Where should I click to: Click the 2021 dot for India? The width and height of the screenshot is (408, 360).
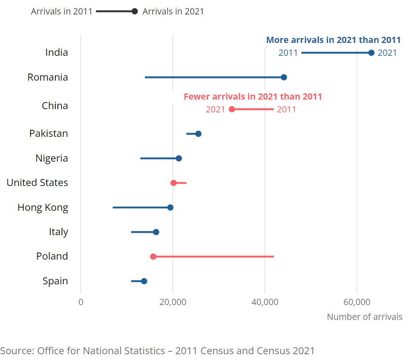click(x=371, y=52)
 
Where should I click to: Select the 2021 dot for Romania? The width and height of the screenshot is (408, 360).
click(x=284, y=77)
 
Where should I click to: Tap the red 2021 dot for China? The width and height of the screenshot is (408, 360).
click(x=232, y=109)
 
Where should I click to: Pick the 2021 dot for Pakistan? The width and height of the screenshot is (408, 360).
click(x=198, y=134)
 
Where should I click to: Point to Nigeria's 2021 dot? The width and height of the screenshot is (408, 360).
click(x=179, y=158)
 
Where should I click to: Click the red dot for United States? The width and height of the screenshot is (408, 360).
click(x=173, y=183)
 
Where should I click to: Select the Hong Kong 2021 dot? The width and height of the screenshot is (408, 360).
click(x=170, y=207)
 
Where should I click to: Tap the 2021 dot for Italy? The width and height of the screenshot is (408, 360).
click(x=156, y=232)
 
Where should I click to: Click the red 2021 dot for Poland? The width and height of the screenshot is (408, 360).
click(x=153, y=256)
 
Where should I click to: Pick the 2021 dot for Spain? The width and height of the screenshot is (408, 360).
click(x=144, y=281)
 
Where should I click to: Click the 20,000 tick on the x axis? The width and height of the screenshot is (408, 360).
click(x=173, y=302)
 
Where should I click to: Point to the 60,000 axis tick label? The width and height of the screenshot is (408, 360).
click(x=357, y=302)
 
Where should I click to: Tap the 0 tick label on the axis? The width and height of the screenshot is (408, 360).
click(x=81, y=302)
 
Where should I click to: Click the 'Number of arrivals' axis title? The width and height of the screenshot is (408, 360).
click(x=364, y=317)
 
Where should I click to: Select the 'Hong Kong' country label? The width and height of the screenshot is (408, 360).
click(x=43, y=207)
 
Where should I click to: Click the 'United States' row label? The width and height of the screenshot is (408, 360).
click(x=37, y=182)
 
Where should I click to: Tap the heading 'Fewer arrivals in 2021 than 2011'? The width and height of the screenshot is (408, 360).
click(x=253, y=97)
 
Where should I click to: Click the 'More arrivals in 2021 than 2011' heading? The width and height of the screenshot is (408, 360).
click(x=333, y=40)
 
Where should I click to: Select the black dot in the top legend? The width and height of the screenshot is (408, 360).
click(x=135, y=11)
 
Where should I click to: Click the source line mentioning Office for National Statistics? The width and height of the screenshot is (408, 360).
click(x=157, y=351)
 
